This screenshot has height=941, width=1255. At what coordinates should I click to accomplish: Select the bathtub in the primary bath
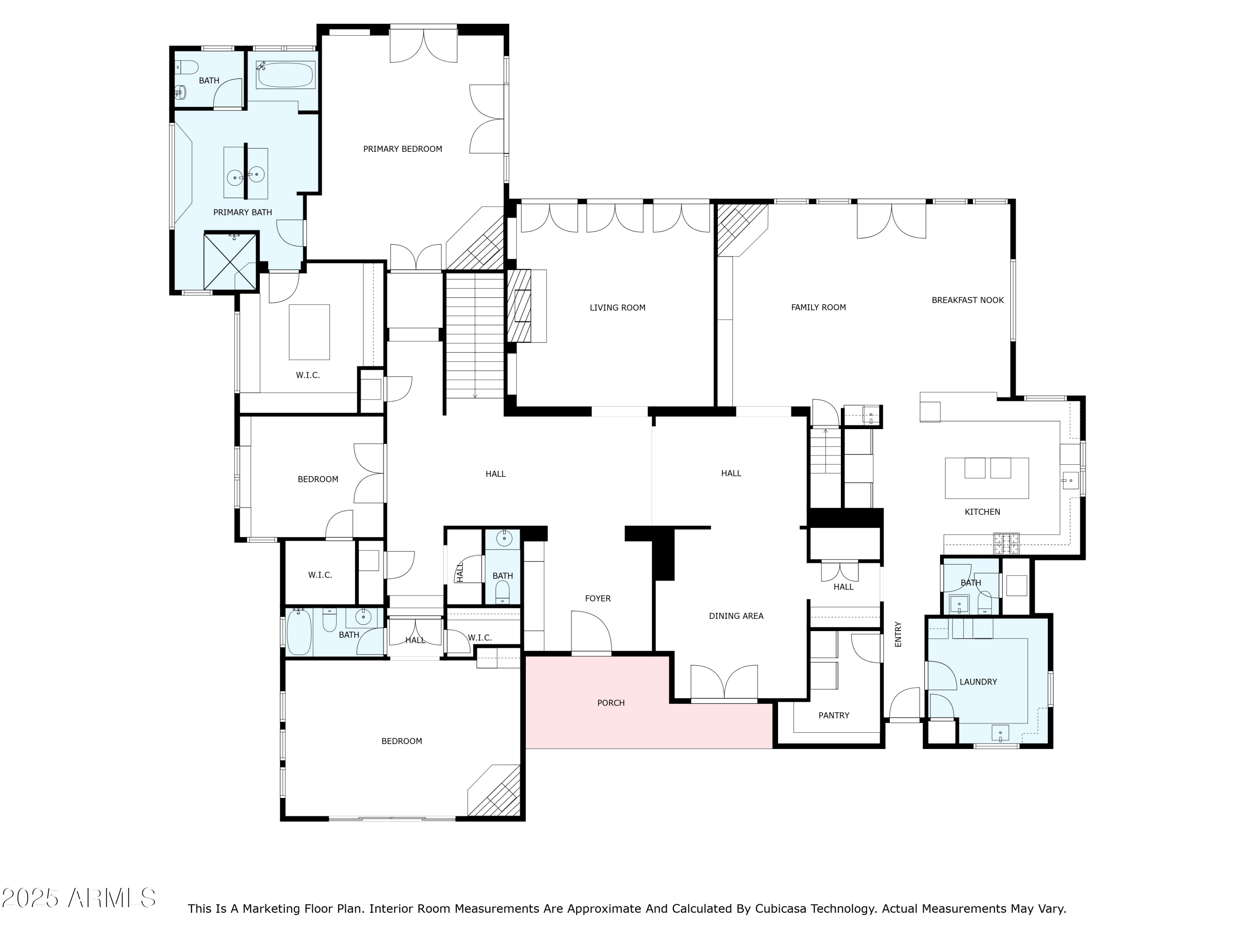coord(285,75)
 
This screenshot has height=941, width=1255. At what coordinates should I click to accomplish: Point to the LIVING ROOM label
coord(617,308)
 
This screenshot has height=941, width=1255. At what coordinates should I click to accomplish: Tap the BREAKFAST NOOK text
coord(967,300)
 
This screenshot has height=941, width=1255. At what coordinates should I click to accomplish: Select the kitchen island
coord(986,478)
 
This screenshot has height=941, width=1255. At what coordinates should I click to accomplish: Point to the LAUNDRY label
coord(978,682)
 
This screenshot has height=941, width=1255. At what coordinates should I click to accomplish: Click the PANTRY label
coord(833,715)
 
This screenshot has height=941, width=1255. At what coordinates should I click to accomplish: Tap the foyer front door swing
coord(591,632)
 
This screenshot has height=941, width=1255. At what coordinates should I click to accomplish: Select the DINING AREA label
coord(736,616)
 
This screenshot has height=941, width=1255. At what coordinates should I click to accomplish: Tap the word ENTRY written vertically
coord(898,634)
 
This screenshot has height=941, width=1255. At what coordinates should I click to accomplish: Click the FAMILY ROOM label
coord(818,307)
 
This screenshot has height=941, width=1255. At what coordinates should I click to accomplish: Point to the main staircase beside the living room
coord(474,335)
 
